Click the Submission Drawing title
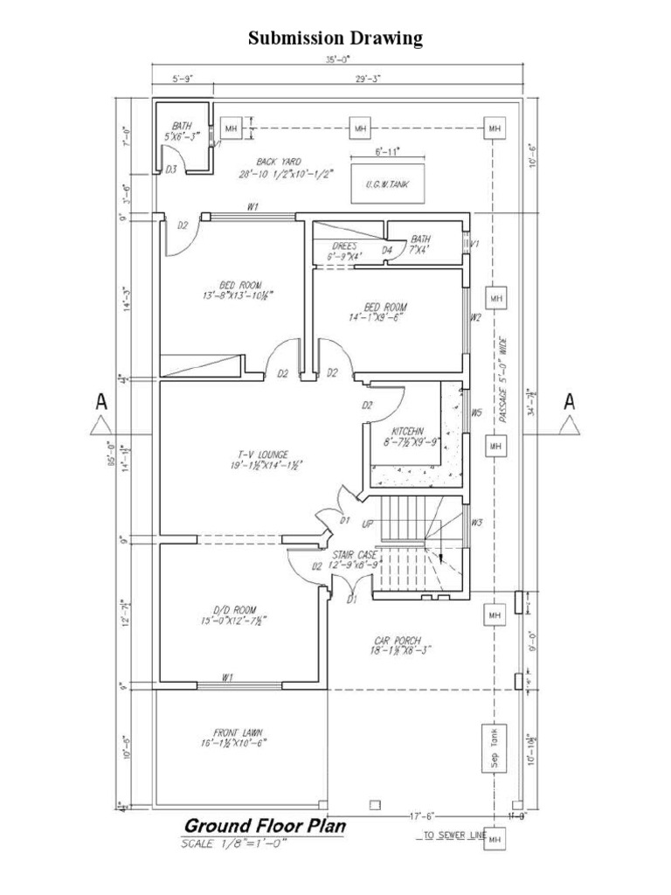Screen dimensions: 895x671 point(335,38)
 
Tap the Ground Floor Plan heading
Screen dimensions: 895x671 point(264,826)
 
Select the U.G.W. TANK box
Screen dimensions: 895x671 point(387,184)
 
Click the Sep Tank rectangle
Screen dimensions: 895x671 point(494,748)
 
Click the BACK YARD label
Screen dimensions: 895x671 point(273,161)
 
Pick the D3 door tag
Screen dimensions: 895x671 point(171,170)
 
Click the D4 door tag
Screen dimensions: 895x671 point(386,251)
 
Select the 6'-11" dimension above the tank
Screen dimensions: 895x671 point(387,152)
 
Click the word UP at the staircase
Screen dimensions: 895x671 point(368,524)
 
